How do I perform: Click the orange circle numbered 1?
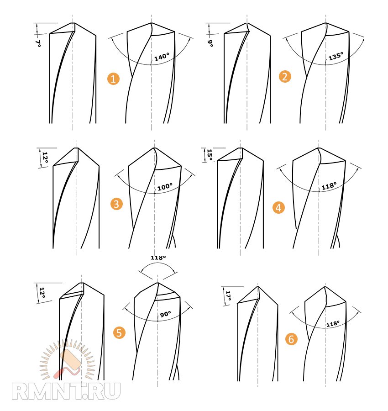tap(113, 79)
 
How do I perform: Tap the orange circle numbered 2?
tap(285, 77)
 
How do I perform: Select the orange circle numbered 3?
tap(116, 204)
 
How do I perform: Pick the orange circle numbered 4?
tap(278, 208)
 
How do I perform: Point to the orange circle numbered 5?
tap(119, 332)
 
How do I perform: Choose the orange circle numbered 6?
tap(291, 339)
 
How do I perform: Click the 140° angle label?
tap(162, 57)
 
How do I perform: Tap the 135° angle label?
tap(336, 56)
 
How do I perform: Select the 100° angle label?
tap(165, 187)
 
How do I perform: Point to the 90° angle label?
tap(165, 314)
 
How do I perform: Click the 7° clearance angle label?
tap(38, 43)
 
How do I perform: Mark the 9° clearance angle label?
tap(210, 43)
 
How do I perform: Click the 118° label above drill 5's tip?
tap(158, 258)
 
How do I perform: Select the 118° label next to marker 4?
tap(329, 186)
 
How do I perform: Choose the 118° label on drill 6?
tap(333, 324)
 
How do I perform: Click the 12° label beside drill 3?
tap(45, 158)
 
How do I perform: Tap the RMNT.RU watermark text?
tap(66, 391)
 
